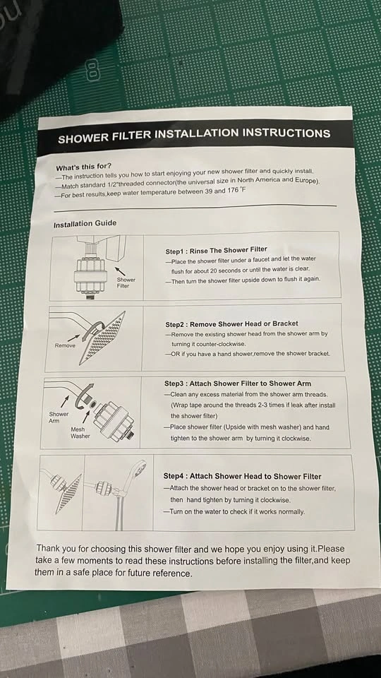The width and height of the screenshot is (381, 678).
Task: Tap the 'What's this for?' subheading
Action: tap(83, 167)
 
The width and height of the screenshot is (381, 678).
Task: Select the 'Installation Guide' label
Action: tap(85, 224)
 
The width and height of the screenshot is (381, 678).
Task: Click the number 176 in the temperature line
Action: tap(232, 191)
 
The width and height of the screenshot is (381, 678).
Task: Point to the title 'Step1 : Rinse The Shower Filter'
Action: tap(216, 250)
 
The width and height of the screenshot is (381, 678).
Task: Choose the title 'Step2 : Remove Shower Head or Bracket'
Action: tap(231, 323)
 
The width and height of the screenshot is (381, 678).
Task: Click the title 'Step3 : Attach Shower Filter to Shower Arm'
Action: tap(237, 383)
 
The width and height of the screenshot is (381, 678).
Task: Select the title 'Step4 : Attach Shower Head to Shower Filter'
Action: tap(242, 477)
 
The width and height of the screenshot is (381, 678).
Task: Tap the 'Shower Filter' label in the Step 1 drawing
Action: tap(126, 282)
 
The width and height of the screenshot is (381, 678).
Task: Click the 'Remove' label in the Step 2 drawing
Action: tap(65, 345)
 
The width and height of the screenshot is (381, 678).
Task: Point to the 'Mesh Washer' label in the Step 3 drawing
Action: tap(80, 433)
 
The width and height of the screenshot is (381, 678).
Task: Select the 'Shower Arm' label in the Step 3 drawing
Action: tap(59, 417)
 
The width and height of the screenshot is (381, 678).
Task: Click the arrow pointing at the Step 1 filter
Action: tap(120, 271)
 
